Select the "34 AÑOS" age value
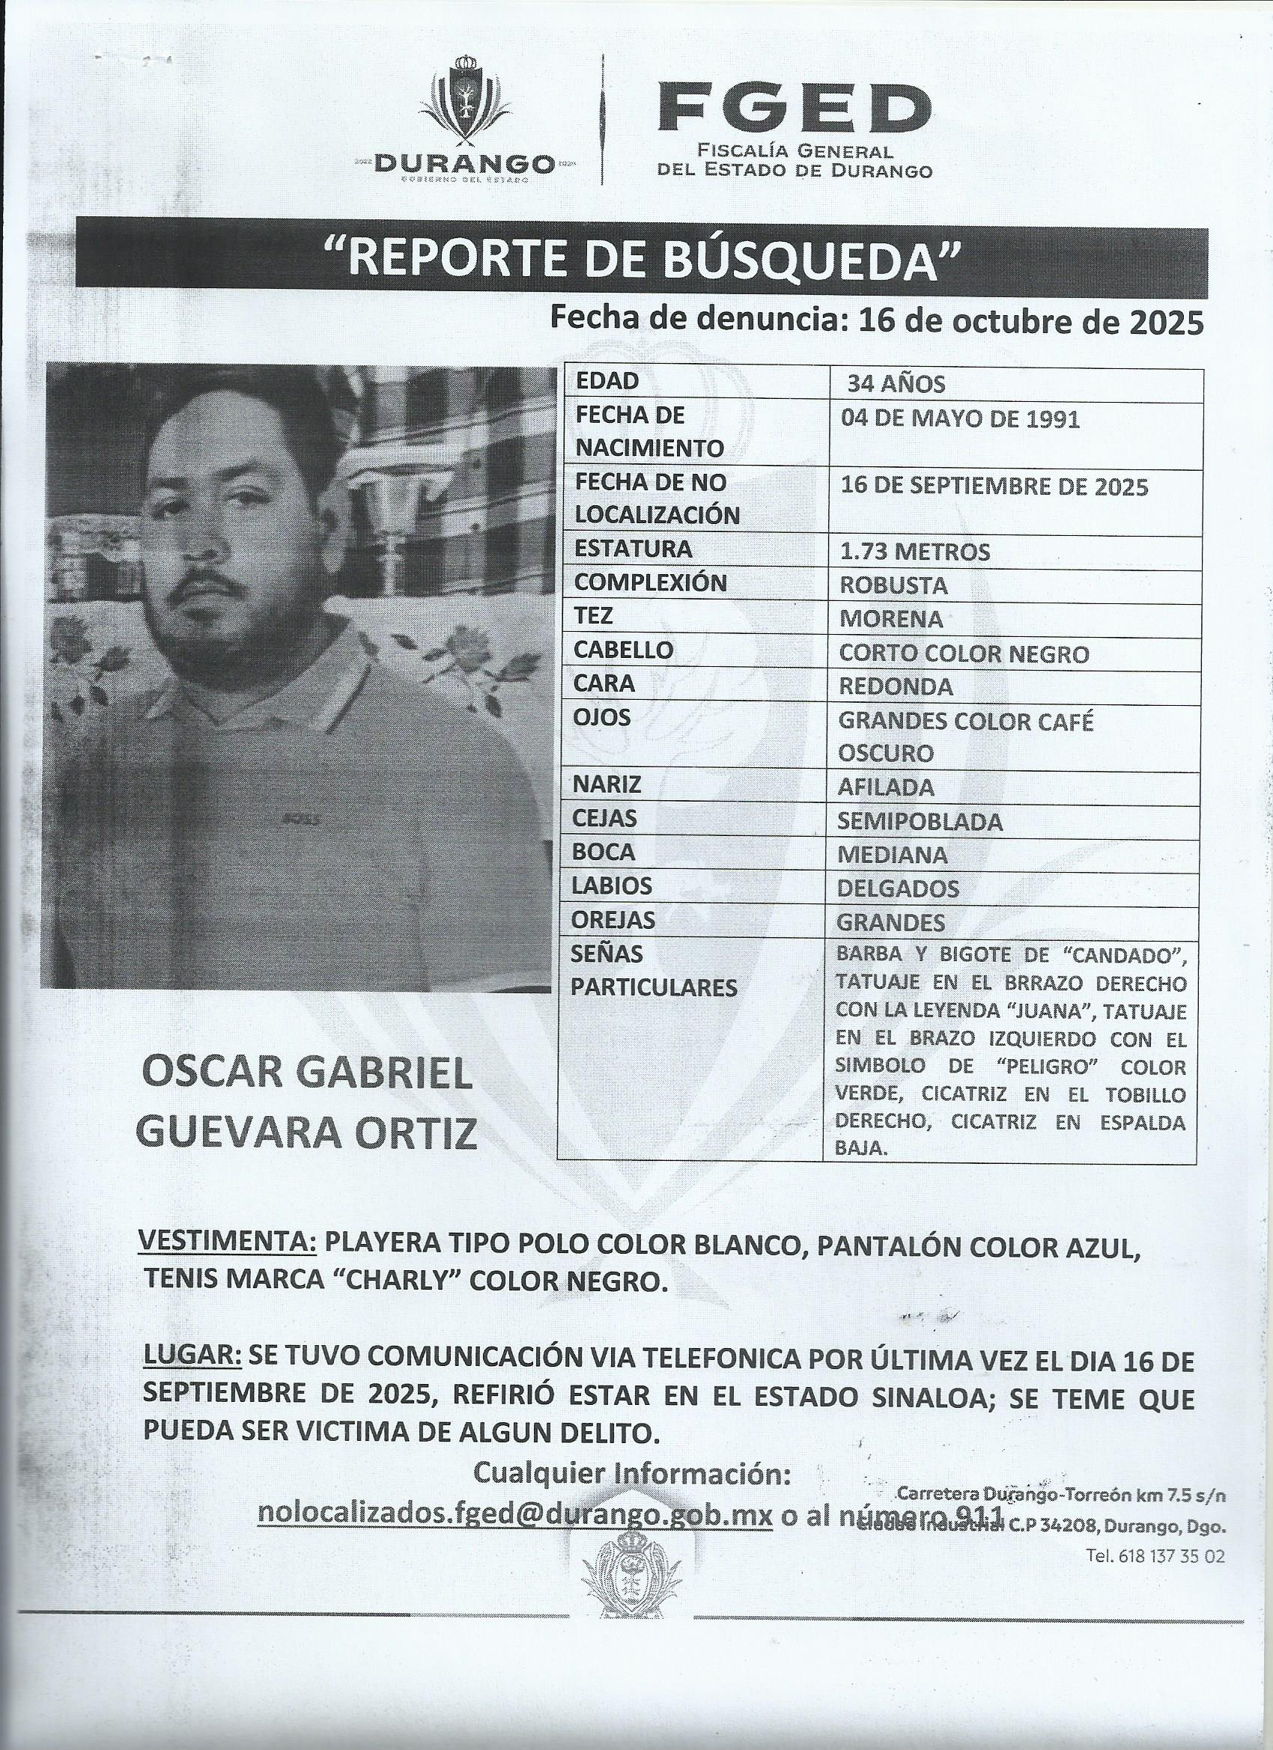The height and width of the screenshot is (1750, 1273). tap(896, 383)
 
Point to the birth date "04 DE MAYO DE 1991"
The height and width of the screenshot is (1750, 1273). tap(958, 419)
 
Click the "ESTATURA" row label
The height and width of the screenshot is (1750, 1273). tap(633, 549)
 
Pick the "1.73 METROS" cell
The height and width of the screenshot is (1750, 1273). tap(914, 552)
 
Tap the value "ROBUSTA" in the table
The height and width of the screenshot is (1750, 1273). tap(893, 585)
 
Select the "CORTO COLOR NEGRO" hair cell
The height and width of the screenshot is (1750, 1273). tap(964, 653)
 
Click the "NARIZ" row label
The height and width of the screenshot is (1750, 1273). tap(607, 784)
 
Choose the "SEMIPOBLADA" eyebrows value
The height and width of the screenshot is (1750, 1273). tap(920, 822)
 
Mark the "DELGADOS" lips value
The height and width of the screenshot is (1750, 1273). tap(898, 888)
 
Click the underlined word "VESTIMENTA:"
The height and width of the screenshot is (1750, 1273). tap(227, 1243)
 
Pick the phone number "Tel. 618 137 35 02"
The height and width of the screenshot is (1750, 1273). tap(1155, 1556)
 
